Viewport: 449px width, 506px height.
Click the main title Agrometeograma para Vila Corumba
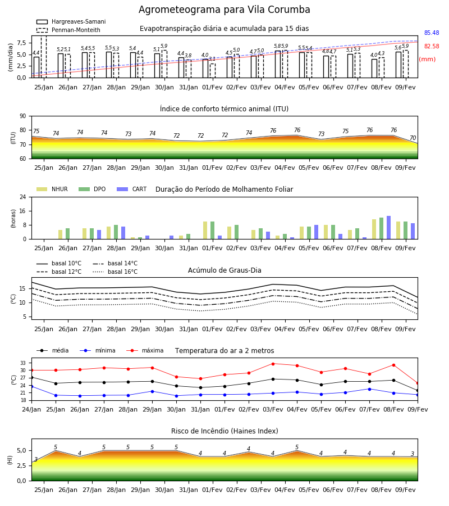coord(224,10)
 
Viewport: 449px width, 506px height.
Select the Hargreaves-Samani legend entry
coord(71,21)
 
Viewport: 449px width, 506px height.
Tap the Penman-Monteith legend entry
coord(68,30)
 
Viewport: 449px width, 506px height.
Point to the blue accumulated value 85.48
coord(432,33)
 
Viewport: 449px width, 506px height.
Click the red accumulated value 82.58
coord(432,47)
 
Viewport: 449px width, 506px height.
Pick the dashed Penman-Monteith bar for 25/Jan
coord(44,57)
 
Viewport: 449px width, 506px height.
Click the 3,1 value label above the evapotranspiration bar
coord(212,59)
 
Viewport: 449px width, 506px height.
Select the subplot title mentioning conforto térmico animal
coord(224,109)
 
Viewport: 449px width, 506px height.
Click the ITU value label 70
coord(413,138)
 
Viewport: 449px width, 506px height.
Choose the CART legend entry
coord(132,189)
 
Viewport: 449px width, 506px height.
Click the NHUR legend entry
coord(52,189)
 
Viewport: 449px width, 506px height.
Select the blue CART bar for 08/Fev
coord(389,228)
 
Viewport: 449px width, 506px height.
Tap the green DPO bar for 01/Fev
coord(213,231)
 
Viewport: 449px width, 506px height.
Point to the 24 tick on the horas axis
coord(23,197)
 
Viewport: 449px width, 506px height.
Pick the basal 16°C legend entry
coord(115,272)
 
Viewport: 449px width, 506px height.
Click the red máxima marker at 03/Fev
coord(273,364)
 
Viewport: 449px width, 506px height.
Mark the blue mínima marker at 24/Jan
coord(31,386)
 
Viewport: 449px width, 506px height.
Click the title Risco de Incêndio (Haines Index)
coord(224,431)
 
